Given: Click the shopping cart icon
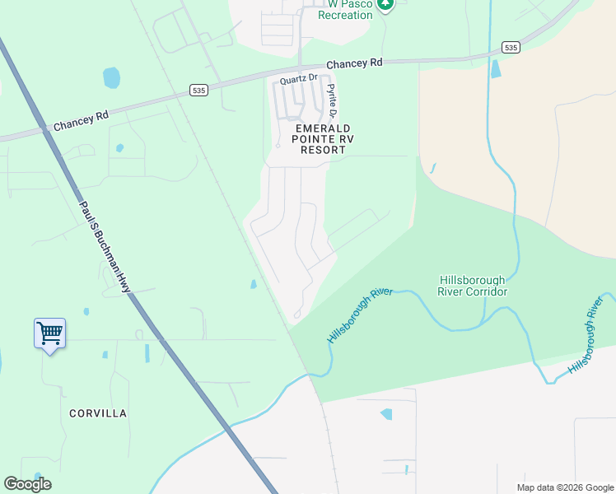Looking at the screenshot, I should (49, 333).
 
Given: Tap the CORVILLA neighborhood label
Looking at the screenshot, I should (98, 413).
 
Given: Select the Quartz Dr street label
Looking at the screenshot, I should (298, 80).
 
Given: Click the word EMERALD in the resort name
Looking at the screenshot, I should (324, 128).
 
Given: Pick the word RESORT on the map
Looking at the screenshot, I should (323, 150).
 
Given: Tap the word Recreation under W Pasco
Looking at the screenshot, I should (345, 15).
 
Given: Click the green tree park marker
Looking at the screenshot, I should (385, 4).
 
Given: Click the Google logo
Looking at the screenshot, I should (28, 483).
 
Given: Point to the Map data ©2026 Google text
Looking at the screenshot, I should (565, 487).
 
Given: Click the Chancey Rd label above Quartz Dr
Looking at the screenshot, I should (355, 63).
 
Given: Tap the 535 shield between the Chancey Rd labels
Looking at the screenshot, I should (198, 89).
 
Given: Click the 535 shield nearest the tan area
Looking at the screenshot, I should (511, 48).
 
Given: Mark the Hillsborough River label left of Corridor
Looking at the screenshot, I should (360, 316).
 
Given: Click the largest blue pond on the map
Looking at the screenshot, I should (111, 78).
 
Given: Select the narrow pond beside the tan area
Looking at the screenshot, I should (495, 68).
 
